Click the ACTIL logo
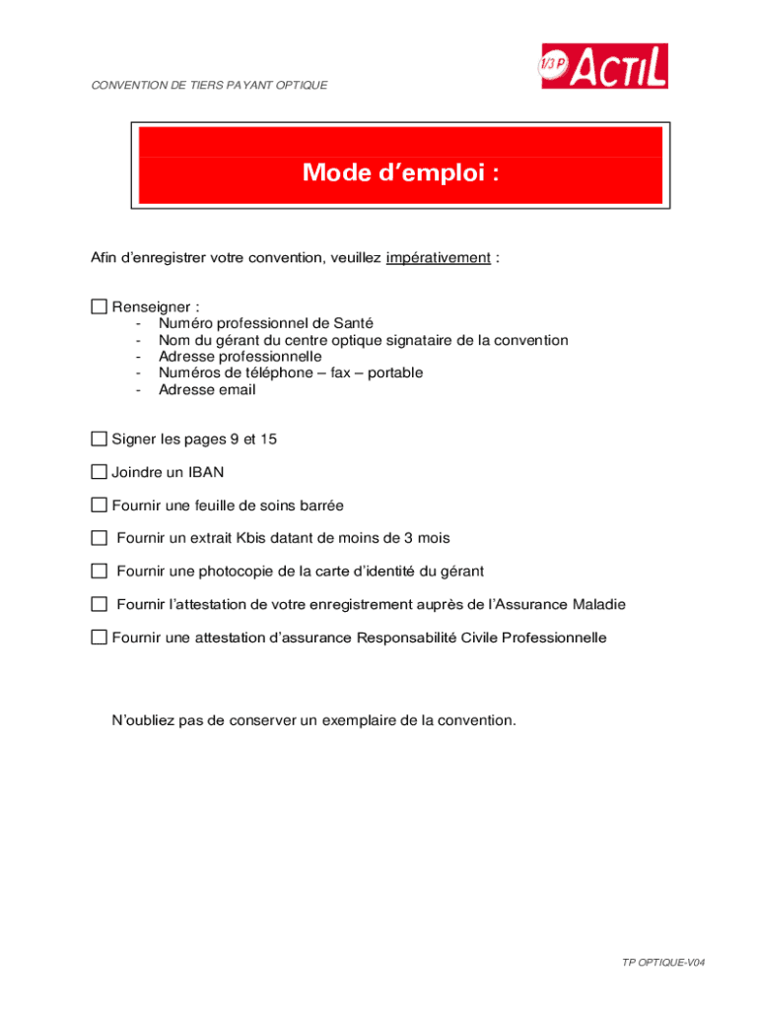[x=602, y=66]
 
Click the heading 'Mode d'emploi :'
[x=400, y=173]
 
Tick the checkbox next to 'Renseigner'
[x=99, y=306]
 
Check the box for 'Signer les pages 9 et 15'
[x=99, y=438]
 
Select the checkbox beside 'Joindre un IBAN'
[x=99, y=472]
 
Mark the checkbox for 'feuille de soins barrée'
[x=99, y=505]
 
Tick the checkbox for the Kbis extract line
[x=99, y=538]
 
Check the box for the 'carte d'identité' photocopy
[x=99, y=572]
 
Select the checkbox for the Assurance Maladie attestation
[x=99, y=604]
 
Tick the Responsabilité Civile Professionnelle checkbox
[x=99, y=638]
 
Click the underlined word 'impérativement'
[x=438, y=258]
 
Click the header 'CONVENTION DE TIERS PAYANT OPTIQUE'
[x=209, y=86]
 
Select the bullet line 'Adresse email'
[x=207, y=390]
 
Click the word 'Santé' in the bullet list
[x=353, y=323]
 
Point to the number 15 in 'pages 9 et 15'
[x=268, y=439]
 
